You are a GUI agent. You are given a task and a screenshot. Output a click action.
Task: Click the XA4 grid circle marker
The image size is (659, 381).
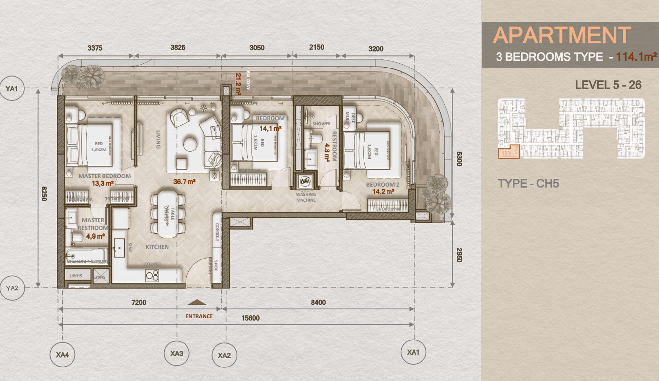pyautogui.click(x=62, y=355)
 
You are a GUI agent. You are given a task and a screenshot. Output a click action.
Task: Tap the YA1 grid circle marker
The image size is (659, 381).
pyautogui.click(x=12, y=88)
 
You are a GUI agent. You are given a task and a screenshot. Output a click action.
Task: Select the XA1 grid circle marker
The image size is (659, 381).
pyautogui.click(x=413, y=352)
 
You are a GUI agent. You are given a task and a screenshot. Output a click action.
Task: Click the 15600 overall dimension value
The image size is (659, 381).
pyautogui.click(x=250, y=318)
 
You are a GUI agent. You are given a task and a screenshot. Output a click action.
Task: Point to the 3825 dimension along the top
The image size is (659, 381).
pyautogui.click(x=178, y=48)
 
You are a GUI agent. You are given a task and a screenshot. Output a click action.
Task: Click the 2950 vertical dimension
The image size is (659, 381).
pyautogui.click(x=459, y=255)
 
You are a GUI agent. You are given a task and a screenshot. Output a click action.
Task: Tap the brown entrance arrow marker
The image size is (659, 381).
pyautogui.click(x=197, y=302)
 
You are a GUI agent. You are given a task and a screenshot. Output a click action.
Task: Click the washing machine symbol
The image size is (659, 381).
pyautogui.click(x=305, y=181)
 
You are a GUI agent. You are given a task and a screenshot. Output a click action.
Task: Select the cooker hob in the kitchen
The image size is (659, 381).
pyautogui.click(x=152, y=275)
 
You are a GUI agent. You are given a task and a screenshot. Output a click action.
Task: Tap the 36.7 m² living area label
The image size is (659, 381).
pyautogui.click(x=185, y=182)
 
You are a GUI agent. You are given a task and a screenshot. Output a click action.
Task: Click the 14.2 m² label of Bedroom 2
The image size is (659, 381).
pyautogui.click(x=383, y=192)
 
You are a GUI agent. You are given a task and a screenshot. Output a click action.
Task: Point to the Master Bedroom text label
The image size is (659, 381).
pyautogui.click(x=104, y=176)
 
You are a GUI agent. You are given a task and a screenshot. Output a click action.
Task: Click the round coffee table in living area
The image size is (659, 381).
pyautogui.click(x=190, y=144)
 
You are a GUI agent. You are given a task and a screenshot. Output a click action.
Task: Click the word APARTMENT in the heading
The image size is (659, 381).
pyautogui.click(x=562, y=36)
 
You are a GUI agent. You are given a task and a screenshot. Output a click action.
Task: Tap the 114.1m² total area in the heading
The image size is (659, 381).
pyautogui.click(x=636, y=57)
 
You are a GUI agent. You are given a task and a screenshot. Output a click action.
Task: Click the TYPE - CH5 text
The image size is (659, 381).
pyautogui.click(x=528, y=183)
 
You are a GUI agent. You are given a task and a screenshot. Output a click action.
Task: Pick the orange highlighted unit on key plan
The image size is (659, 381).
pyautogui.click(x=508, y=152)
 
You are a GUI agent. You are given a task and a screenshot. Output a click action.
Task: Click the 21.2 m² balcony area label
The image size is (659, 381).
pyautogui.click(x=238, y=84)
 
